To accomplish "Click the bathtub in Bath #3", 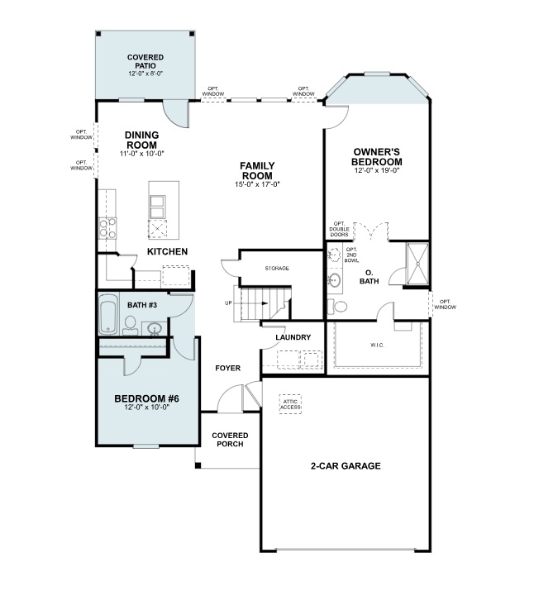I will pos(108,317).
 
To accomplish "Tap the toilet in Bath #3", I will pos(131,323).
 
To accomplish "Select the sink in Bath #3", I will pos(155,329).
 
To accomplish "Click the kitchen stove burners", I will pos(107,227).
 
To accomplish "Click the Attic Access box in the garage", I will pos(290,403).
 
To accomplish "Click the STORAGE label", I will pos(277,269).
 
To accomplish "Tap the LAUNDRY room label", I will pos(293,337).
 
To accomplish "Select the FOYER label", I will pos(227,368).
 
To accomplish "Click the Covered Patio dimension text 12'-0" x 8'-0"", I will pos(145,74).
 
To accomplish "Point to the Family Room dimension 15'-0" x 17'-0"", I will pos(257,184).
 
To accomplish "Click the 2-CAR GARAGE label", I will pos(346,466).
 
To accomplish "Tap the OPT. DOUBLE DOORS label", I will pos(339,230).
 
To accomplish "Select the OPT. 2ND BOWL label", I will pos(351,255).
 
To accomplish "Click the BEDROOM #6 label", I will pos(146,400).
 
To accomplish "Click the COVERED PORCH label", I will pos(229,440).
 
